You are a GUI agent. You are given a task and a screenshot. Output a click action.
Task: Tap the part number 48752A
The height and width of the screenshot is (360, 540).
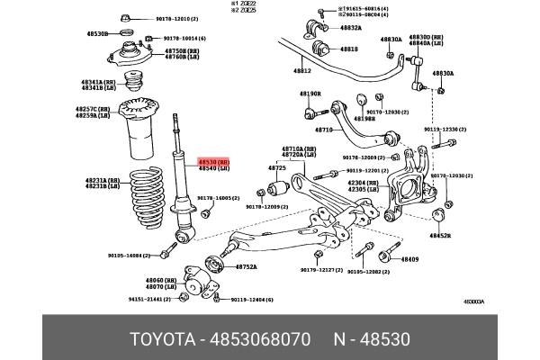[246, 267]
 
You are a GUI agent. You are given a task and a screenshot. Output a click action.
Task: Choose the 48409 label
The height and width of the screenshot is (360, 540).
[409, 259]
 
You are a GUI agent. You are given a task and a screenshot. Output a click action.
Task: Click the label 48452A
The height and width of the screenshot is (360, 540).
[439, 236]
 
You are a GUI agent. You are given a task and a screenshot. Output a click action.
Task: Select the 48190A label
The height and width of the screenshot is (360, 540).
[310, 94]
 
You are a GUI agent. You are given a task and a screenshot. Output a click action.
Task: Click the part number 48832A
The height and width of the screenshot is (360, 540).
[350, 28]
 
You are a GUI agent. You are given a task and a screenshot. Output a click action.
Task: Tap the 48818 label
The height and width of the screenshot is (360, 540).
[348, 49]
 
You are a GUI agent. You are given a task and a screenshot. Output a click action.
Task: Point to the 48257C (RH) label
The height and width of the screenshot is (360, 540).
[92, 109]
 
